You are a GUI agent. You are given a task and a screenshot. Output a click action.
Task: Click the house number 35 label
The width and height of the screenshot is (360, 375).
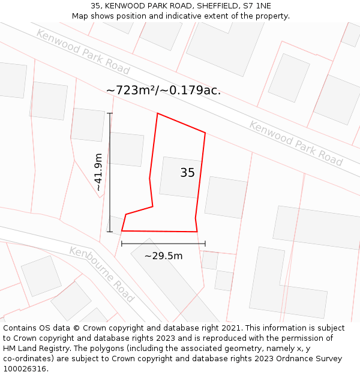[187, 173]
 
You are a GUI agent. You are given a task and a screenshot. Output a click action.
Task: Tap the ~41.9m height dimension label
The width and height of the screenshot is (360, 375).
[99, 172]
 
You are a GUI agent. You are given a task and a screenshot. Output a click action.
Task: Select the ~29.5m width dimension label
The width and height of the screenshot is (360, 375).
[163, 256]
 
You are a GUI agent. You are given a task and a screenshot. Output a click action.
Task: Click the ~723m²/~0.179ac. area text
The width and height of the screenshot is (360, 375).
[163, 91]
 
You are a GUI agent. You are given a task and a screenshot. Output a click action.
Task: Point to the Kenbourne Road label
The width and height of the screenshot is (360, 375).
[101, 274]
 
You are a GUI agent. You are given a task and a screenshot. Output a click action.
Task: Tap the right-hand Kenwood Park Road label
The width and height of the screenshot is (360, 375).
[296, 143]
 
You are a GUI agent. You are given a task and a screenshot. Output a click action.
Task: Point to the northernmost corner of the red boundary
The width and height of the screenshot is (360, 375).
[158, 113]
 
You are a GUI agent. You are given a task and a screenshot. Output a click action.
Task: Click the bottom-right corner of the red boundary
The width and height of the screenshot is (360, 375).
[197, 232]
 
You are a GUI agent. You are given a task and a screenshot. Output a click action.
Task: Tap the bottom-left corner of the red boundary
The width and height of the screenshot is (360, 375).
[122, 230]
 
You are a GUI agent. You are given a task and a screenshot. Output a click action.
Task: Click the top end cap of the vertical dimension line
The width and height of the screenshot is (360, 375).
[110, 113]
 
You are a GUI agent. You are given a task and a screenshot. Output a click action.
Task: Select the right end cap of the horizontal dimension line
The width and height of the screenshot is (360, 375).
[205, 244]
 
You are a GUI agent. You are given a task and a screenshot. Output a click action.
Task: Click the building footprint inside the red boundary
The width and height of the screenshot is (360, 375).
[180, 178]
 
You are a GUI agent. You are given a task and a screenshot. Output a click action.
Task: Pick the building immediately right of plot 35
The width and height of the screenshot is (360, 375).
[226, 197]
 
